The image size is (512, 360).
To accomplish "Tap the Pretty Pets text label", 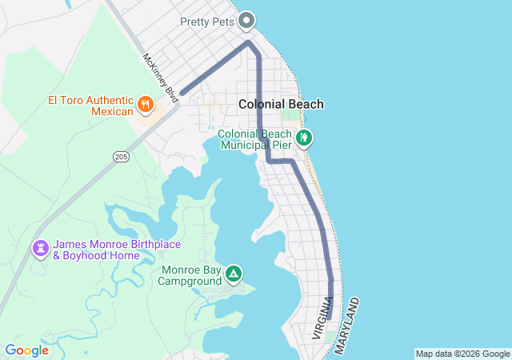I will [x=206, y=22].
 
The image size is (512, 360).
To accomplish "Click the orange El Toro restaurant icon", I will [x=145, y=103].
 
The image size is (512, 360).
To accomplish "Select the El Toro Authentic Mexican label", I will [x=90, y=106].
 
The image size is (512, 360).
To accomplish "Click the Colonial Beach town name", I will [x=281, y=104].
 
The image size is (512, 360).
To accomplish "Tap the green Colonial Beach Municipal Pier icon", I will [x=304, y=138].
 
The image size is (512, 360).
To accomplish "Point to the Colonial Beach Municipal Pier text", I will [x=254, y=139].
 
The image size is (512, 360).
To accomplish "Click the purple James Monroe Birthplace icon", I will [x=39, y=249].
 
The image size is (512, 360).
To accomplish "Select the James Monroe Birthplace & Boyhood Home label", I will [x=105, y=250].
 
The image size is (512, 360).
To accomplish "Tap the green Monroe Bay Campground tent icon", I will [x=233, y=274].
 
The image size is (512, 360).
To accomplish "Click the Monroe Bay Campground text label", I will [x=189, y=275].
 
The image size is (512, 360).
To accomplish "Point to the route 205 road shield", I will [x=120, y=155].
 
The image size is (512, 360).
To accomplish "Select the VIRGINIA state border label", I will [x=322, y=318].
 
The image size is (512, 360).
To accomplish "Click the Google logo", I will [x=26, y=350].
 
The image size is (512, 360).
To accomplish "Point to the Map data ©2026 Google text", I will [x=462, y=354].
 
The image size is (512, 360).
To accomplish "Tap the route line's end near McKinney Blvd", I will [x=183, y=93].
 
